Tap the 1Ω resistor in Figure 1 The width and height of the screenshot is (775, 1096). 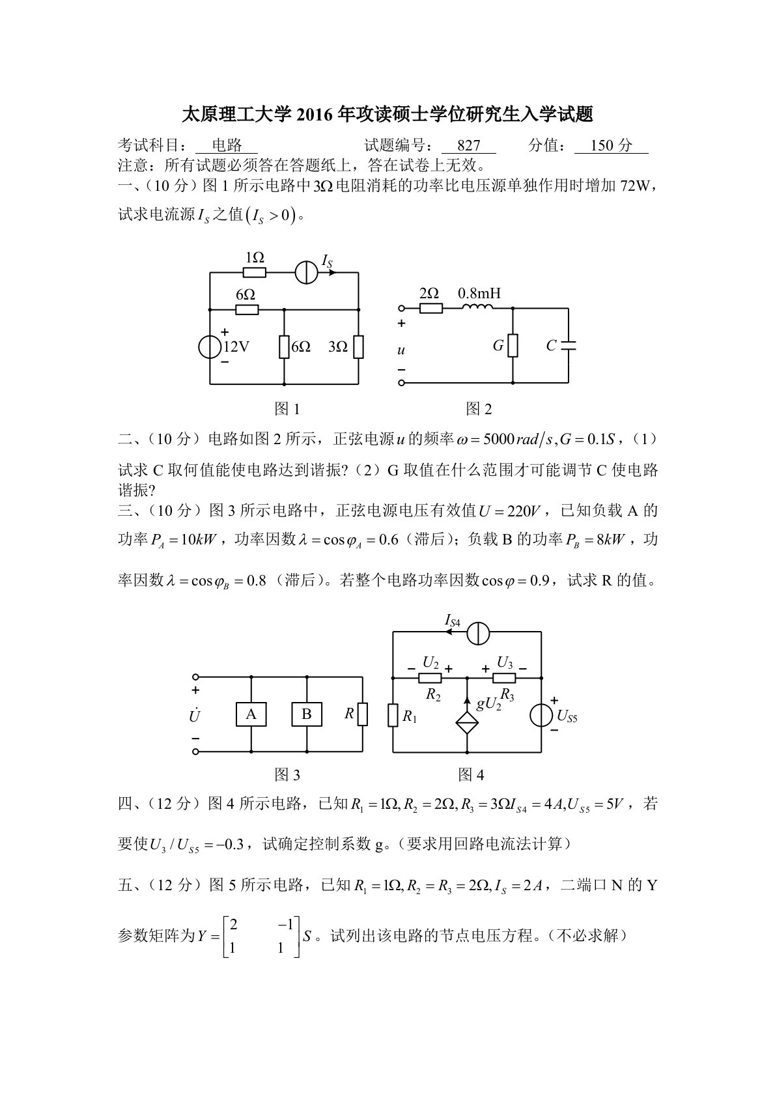tap(255, 274)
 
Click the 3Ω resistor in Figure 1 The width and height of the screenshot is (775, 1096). tap(358, 347)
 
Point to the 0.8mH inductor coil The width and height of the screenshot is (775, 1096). tap(478, 308)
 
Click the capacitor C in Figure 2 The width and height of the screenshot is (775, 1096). tap(568, 345)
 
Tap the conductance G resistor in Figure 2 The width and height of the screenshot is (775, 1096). tap(513, 346)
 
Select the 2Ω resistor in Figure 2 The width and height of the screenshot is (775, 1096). tap(430, 308)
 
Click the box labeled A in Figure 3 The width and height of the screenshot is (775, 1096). tap(251, 714)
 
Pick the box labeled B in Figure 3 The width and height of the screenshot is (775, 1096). tap(306, 714)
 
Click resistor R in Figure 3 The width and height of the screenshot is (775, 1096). tap(362, 714)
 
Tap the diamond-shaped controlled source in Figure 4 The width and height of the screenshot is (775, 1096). tap(467, 724)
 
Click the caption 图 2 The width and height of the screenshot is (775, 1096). tap(479, 409)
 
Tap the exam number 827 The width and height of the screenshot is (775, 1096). tap(469, 145)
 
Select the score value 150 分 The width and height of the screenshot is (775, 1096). tap(611, 145)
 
